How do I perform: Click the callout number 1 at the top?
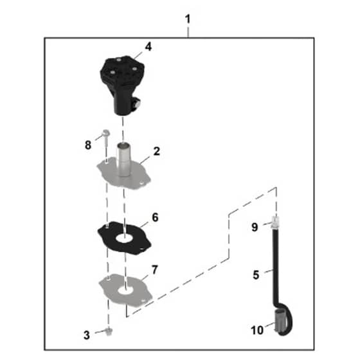click(x=188, y=19)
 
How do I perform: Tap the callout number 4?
click(x=148, y=47)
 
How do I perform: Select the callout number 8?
click(x=88, y=145)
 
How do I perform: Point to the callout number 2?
click(x=157, y=151)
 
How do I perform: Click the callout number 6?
click(x=155, y=217)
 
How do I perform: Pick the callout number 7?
click(x=155, y=270)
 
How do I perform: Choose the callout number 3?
click(x=87, y=335)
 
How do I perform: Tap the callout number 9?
click(x=255, y=227)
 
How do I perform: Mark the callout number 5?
click(x=256, y=275)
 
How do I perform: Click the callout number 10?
click(x=257, y=330)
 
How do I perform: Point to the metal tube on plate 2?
click(x=123, y=159)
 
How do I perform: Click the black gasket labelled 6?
click(x=124, y=238)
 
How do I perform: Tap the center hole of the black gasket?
click(x=124, y=239)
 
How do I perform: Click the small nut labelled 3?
click(x=109, y=331)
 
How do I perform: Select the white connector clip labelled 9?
click(x=275, y=222)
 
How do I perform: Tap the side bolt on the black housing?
click(x=138, y=104)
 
